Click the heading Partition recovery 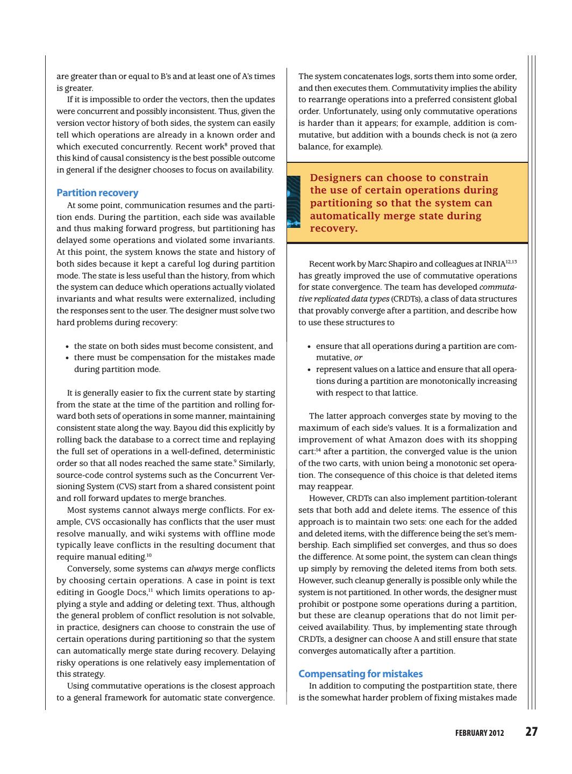click(x=97, y=193)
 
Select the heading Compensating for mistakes click(x=360, y=674)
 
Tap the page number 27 click(x=531, y=732)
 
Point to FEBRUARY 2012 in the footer click(x=480, y=733)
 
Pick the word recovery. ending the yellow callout click(x=333, y=228)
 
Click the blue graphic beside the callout click(x=294, y=202)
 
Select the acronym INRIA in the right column click(x=494, y=264)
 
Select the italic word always click(x=199, y=569)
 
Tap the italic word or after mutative click(x=359, y=357)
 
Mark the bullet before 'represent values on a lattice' click(x=309, y=370)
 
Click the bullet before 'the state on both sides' click(x=67, y=347)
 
